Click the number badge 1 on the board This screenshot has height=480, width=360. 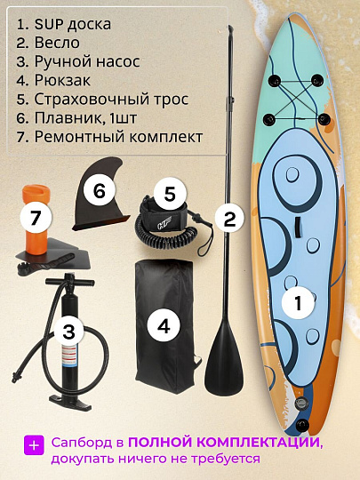pyautogui.click(x=299, y=302)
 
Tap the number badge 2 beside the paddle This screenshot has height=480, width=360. pyautogui.click(x=228, y=217)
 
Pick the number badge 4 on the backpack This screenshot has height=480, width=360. pyautogui.click(x=163, y=325)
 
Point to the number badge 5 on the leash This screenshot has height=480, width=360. pyautogui.click(x=170, y=192)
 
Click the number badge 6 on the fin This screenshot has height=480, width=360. pyautogui.click(x=100, y=190)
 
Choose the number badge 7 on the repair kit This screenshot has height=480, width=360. pyautogui.click(x=35, y=217)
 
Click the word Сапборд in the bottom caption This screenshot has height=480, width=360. pyautogui.click(x=80, y=442)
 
